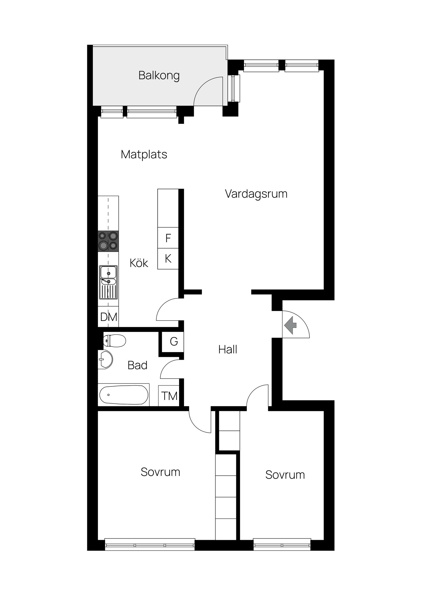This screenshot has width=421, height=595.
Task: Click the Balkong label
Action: point(159,75)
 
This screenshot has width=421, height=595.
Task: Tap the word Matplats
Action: point(144,154)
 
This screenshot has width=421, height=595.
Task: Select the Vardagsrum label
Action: point(256,194)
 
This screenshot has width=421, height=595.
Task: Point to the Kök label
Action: point(139,263)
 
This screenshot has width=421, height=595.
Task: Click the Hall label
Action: point(228,349)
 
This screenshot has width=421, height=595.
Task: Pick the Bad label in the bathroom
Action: point(137,365)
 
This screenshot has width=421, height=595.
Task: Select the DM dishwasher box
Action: point(108,317)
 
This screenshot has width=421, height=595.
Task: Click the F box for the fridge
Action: point(168,238)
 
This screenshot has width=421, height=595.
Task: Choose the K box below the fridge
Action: point(168,259)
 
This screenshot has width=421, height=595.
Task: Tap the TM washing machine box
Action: point(169,396)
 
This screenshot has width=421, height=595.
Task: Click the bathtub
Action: point(123,395)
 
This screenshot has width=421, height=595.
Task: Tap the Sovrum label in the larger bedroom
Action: point(160,472)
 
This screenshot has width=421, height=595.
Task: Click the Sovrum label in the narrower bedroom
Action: point(285,475)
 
